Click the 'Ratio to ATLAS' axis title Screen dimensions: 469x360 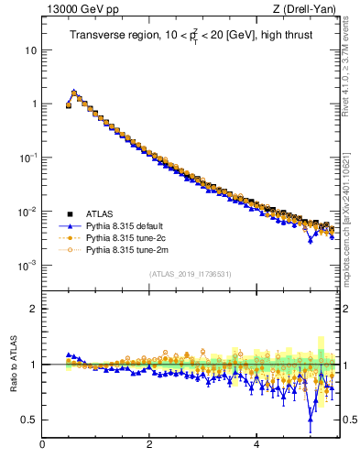click(x=15, y=365)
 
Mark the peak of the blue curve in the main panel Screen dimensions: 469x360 click(x=74, y=92)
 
